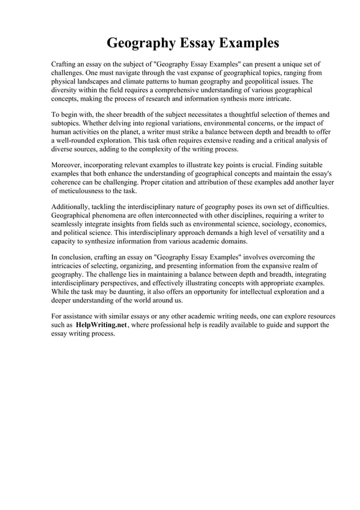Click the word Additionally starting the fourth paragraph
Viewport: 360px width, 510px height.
coord(71,207)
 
